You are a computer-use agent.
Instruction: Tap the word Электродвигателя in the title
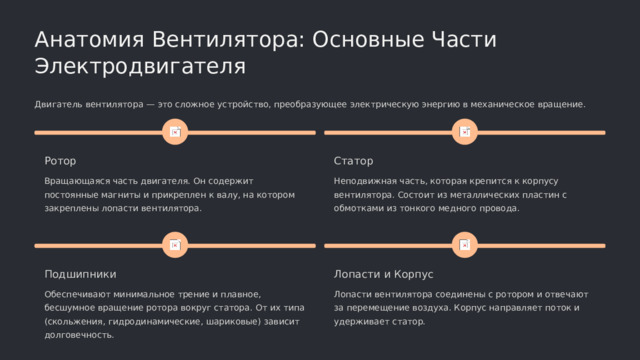(x=140, y=67)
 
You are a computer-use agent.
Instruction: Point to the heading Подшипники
(x=81, y=273)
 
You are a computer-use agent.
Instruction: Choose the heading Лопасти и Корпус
(x=383, y=273)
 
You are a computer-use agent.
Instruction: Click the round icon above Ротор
(x=174, y=132)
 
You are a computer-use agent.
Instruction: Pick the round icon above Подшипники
(x=174, y=244)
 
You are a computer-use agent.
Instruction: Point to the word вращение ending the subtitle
(x=561, y=104)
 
